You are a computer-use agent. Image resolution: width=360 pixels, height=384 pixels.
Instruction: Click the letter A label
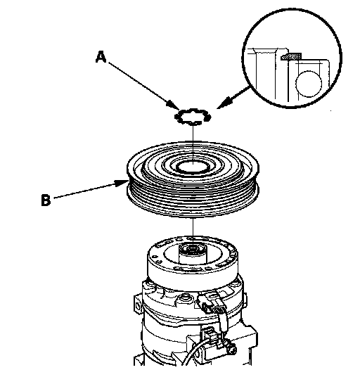tap(101, 57)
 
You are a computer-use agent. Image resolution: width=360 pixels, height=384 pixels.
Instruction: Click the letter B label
tap(46, 200)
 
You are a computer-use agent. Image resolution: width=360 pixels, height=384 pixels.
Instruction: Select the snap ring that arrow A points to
tap(193, 116)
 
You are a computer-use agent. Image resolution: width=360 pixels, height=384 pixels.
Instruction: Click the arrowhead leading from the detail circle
tap(223, 103)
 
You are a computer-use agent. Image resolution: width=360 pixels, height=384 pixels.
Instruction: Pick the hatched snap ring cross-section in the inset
tap(291, 56)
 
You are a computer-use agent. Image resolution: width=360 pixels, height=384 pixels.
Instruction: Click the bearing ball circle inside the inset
tap(309, 84)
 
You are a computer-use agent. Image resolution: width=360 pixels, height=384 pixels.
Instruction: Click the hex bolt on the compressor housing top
tap(184, 298)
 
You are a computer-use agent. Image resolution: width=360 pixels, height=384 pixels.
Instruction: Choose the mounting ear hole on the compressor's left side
tap(137, 306)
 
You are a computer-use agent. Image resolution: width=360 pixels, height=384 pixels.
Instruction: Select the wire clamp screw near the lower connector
tap(231, 348)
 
